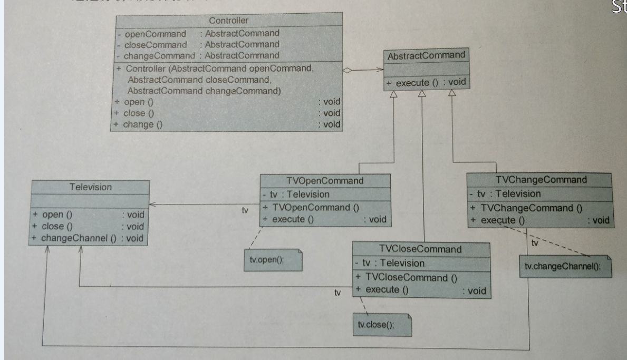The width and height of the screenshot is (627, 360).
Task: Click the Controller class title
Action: (228, 21)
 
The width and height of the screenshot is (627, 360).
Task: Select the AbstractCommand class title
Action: (426, 55)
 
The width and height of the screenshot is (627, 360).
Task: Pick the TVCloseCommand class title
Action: (420, 249)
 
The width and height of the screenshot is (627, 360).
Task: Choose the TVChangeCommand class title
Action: (541, 180)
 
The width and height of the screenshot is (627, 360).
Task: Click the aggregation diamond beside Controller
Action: (347, 70)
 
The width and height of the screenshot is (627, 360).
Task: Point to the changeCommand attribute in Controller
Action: (158, 55)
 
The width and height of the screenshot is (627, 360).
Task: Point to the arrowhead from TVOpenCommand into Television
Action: (152, 203)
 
